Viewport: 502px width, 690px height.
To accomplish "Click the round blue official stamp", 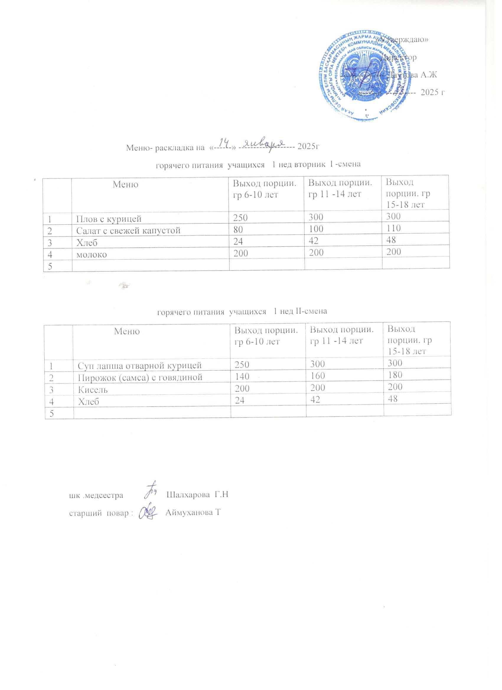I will [x=365, y=77].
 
